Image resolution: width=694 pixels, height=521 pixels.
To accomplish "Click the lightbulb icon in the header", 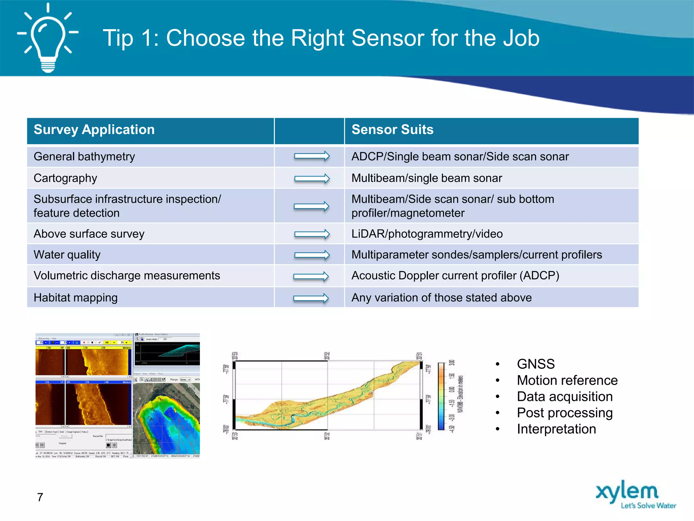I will pyautogui.click(x=48, y=38).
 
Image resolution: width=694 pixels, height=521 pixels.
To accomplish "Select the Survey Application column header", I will pyautogui.click(x=94, y=130).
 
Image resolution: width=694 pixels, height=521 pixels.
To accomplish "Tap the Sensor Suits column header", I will pyautogui.click(x=392, y=130).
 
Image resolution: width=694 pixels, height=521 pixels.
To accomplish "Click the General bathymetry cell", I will pyautogui.click(x=84, y=157).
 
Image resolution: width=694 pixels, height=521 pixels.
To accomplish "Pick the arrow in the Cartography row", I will pyautogui.click(x=311, y=178).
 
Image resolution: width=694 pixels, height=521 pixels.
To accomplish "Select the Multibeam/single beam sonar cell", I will pyautogui.click(x=426, y=178).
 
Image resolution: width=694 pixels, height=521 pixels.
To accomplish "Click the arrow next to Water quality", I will pyautogui.click(x=311, y=255).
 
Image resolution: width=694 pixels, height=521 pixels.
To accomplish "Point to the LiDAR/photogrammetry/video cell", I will pyautogui.click(x=427, y=234).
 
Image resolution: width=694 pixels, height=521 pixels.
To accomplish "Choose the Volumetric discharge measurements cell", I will pyautogui.click(x=127, y=276).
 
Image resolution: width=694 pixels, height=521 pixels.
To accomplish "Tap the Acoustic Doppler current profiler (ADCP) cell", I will pyautogui.click(x=455, y=276).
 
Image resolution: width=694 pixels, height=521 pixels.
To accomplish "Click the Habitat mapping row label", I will pyautogui.click(x=76, y=298).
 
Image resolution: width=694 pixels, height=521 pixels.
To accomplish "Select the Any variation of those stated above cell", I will pyautogui.click(x=441, y=298).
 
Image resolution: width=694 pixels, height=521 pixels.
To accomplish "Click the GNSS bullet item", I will pyautogui.click(x=535, y=364).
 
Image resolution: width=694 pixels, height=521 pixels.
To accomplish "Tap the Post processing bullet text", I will pyautogui.click(x=565, y=413).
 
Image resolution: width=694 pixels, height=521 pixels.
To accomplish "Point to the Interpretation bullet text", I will pyautogui.click(x=556, y=429).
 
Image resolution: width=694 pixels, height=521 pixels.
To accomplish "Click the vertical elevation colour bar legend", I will pyautogui.click(x=441, y=396).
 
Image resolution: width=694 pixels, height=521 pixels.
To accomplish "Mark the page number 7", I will pyautogui.click(x=40, y=497).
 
